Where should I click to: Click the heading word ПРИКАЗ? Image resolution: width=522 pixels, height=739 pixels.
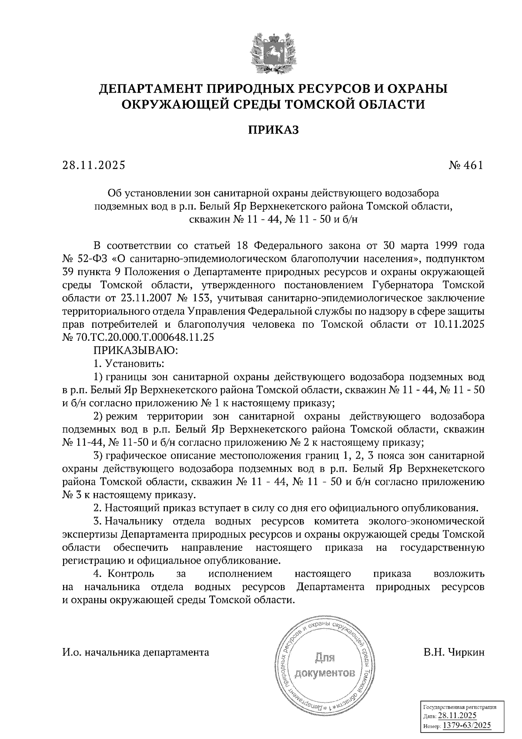[x=273, y=130]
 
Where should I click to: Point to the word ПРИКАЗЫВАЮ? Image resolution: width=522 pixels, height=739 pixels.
[x=134, y=350]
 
